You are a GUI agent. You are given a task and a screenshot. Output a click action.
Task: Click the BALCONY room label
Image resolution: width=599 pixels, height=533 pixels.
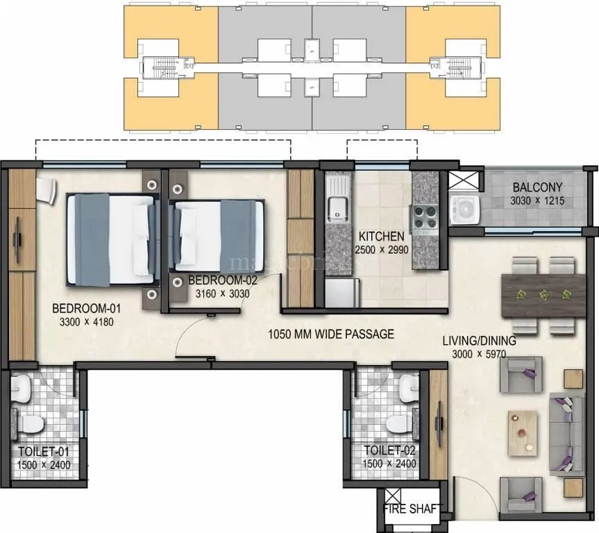tap(537, 187)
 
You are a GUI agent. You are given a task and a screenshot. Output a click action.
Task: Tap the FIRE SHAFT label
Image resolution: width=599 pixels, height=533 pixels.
tap(411, 509)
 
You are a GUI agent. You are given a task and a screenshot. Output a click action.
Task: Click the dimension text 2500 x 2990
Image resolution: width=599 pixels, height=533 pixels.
tap(382, 250)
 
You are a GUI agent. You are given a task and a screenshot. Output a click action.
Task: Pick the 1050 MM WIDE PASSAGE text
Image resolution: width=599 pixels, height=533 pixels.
tap(331, 335)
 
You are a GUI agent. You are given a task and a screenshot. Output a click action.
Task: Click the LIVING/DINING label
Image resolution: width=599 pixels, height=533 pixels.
tap(480, 341)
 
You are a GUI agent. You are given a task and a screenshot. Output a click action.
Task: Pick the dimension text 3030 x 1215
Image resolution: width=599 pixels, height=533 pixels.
tap(537, 201)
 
